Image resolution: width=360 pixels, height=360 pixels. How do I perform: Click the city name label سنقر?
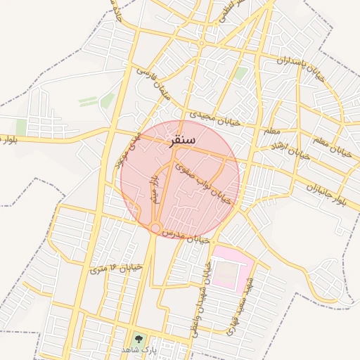pos(181,140)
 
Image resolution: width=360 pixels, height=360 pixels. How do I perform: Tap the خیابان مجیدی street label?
pos(215,117)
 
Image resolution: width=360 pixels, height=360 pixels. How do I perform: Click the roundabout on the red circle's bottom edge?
pos(154,228)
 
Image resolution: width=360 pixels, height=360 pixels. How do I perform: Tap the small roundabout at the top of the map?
pos(201,44)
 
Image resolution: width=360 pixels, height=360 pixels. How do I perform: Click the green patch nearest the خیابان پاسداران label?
pos(240,72)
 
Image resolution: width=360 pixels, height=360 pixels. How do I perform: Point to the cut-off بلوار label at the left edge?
pos(9,139)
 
